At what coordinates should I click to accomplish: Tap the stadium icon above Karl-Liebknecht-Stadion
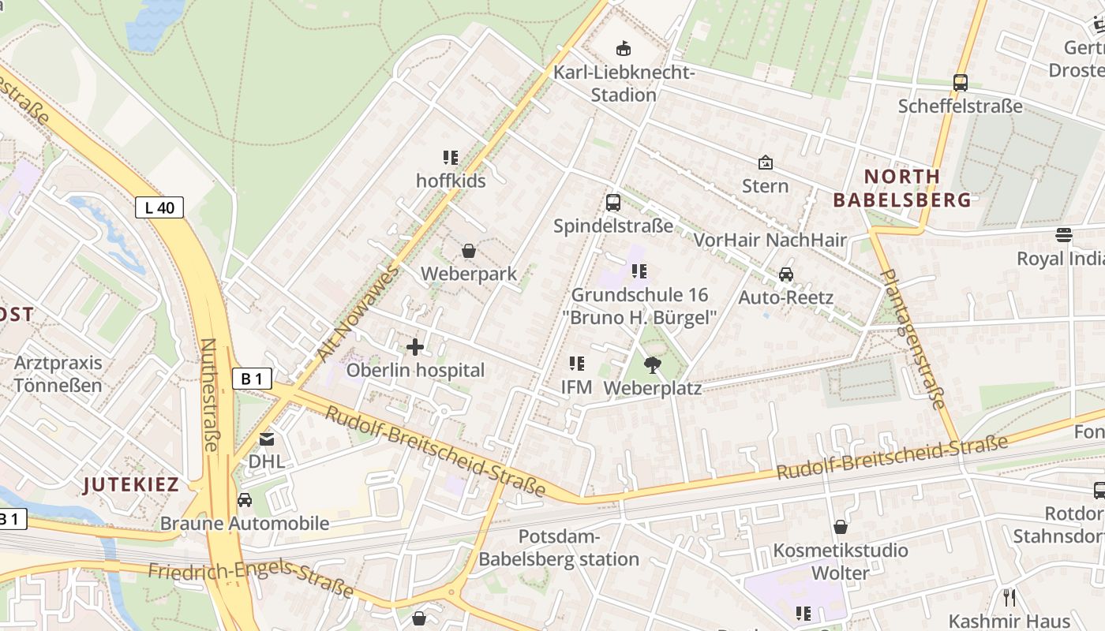[x=624, y=49]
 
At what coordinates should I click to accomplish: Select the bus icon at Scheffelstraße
[x=960, y=82]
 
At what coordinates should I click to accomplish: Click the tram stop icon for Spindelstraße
[x=612, y=203]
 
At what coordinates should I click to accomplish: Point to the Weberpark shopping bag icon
[x=469, y=251]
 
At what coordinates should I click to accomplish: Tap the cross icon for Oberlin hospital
[x=414, y=347]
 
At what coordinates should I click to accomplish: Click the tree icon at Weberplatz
[x=652, y=364]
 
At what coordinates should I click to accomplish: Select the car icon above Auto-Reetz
[x=785, y=274]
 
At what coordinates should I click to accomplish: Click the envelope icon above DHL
[x=267, y=439]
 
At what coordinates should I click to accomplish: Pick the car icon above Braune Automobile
[x=245, y=499]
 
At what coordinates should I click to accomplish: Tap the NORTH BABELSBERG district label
[x=902, y=188]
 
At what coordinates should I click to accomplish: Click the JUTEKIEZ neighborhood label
[x=132, y=484]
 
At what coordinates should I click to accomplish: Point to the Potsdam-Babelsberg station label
[x=559, y=548]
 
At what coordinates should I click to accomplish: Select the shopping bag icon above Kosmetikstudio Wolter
[x=841, y=527]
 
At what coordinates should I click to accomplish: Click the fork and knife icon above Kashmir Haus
[x=1009, y=597]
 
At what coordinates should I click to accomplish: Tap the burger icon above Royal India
[x=1063, y=235]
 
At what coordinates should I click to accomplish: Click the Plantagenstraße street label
[x=912, y=339]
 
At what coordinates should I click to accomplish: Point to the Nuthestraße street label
[x=209, y=394]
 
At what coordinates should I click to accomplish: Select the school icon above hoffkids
[x=451, y=158]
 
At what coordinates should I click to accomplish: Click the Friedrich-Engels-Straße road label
[x=251, y=579]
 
